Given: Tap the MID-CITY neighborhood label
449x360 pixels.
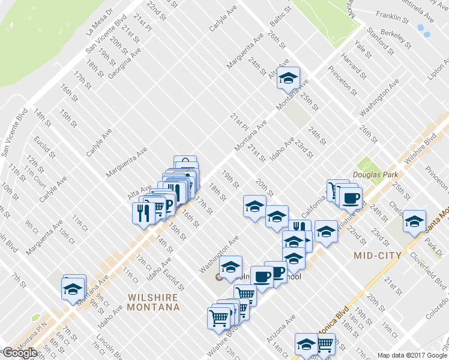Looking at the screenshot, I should [370, 256].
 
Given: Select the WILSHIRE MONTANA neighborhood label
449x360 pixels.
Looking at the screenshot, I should [154, 302].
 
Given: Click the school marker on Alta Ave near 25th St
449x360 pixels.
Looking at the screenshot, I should [288, 77].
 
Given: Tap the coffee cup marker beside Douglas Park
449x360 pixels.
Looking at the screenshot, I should [351, 197].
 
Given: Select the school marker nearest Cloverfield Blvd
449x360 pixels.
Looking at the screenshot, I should [414, 221].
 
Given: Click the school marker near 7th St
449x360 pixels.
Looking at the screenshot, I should [73, 289].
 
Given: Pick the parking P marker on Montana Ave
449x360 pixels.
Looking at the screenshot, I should [167, 205].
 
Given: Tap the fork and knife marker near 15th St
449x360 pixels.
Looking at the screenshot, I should [143, 214].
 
